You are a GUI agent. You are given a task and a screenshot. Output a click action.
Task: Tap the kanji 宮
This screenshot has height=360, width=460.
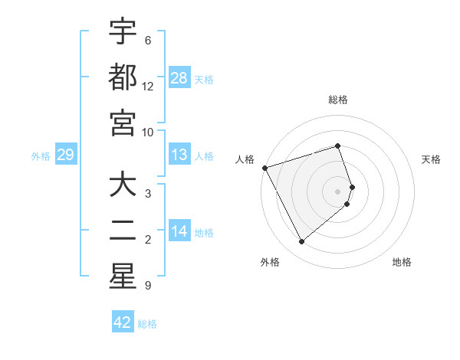tap(123, 123)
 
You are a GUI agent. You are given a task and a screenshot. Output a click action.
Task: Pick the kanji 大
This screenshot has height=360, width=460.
tap(123, 185)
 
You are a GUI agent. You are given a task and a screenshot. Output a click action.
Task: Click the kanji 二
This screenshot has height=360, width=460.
tap(123, 231)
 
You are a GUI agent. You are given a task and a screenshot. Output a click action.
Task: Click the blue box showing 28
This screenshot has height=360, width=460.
tap(179, 77)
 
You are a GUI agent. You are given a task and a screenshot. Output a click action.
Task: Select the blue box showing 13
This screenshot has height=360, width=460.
tap(179, 155)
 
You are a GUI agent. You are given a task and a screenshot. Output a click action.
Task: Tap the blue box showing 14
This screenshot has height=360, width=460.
tap(179, 231)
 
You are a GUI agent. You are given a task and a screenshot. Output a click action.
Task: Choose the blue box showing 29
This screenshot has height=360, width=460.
tap(65, 155)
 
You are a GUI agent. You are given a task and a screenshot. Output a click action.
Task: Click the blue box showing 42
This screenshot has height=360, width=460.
tap(123, 322)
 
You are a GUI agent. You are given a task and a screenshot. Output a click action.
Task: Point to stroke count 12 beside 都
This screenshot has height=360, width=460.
tap(148, 87)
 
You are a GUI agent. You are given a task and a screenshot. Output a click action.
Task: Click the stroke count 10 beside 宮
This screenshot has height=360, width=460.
tap(148, 133)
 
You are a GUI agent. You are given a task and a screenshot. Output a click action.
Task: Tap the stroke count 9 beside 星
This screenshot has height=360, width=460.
tap(148, 286)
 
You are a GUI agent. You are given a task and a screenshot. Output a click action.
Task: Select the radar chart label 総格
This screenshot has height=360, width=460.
tap(338, 100)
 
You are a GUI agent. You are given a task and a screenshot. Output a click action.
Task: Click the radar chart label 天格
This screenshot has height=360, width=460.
tap(432, 159)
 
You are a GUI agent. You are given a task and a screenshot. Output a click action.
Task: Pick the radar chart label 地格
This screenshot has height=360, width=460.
tap(402, 262)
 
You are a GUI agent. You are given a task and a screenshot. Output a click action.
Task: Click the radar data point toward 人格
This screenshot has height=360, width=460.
tap(264, 167)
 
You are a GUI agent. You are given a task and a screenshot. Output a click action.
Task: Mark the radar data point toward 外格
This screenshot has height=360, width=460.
tap(301, 242)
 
